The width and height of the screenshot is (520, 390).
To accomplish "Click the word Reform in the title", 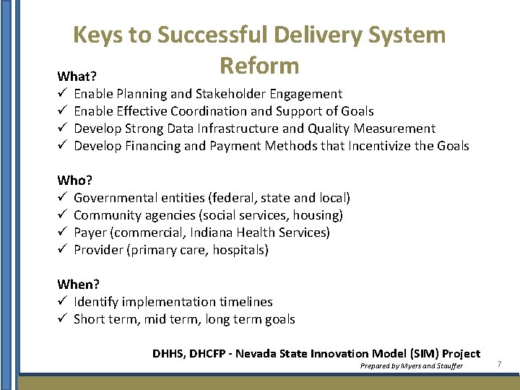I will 259,66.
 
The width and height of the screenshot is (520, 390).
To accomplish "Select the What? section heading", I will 78,77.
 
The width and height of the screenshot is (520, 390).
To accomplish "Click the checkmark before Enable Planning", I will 63,94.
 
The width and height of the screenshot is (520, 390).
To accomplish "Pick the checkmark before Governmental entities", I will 63,198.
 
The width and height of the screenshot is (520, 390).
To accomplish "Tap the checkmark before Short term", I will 63,319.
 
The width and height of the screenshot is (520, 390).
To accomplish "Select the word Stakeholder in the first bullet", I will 231,94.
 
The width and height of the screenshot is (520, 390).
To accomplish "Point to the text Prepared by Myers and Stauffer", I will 412,366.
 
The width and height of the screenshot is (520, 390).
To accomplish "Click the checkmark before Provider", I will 63,250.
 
